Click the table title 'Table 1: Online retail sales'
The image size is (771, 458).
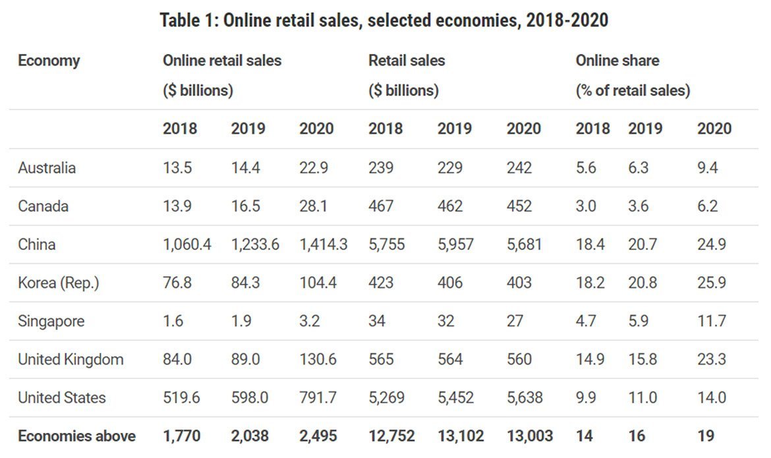click(x=384, y=20)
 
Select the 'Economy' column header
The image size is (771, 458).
click(x=49, y=61)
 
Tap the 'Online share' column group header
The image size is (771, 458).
click(x=617, y=61)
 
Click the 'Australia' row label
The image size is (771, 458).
click(x=47, y=167)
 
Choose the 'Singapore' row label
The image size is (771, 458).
click(x=51, y=321)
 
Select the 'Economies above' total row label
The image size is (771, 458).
click(x=76, y=436)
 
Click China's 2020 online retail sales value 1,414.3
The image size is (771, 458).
click(x=324, y=244)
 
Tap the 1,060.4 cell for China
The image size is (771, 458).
click(x=187, y=244)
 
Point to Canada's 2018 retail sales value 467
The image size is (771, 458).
click(x=381, y=206)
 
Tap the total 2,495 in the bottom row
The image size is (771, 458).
click(x=318, y=436)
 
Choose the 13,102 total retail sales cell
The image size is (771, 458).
click(x=461, y=436)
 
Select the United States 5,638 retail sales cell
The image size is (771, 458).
click(x=524, y=397)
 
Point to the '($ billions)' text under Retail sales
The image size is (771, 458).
click(x=403, y=90)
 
